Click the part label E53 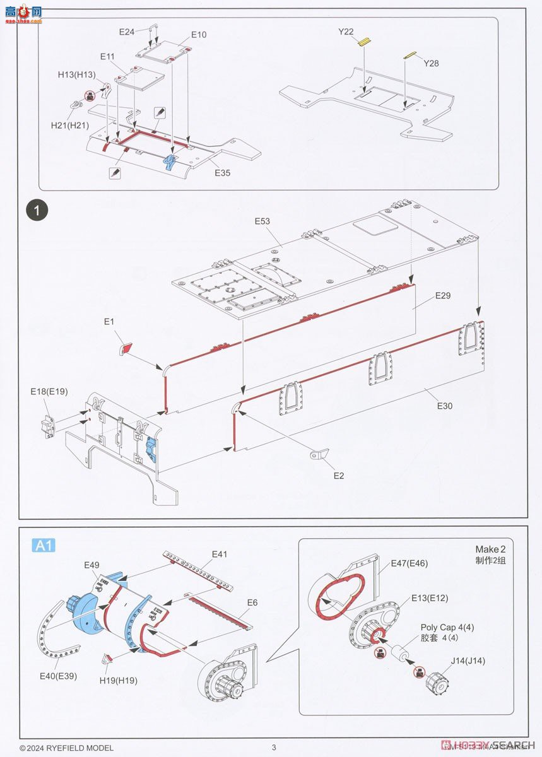[262, 221]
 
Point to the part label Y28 [431, 63]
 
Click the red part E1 [126, 347]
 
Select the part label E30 [444, 406]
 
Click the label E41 [220, 554]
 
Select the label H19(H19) [118, 680]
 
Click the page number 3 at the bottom [274, 748]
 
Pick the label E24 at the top [127, 31]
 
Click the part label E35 [223, 172]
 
